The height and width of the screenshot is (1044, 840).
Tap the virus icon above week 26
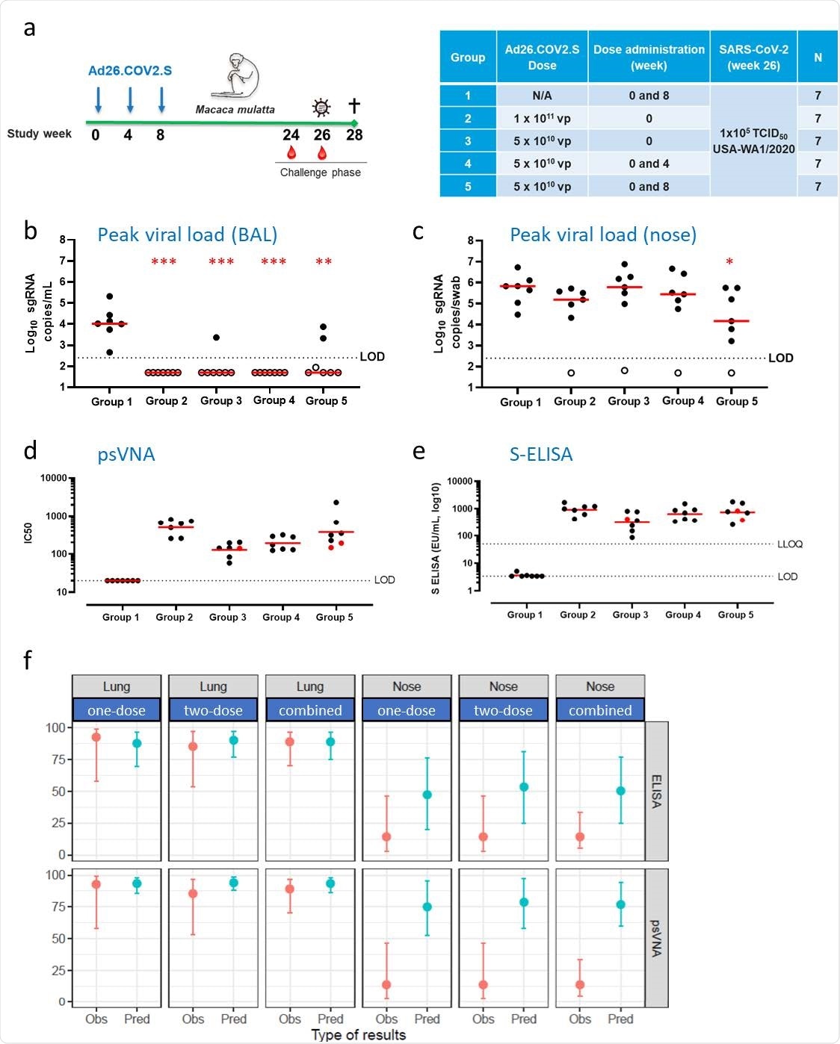(x=321, y=108)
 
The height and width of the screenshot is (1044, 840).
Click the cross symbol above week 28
(x=354, y=106)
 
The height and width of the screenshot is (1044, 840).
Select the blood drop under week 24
(x=291, y=152)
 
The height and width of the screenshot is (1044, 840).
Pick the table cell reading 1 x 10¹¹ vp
(x=542, y=118)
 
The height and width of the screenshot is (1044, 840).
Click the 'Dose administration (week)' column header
(x=649, y=57)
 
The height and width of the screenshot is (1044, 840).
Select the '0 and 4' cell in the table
(x=649, y=164)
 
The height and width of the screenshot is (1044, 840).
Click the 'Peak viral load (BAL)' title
(x=188, y=234)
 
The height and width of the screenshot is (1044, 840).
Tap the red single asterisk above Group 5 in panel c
(x=729, y=262)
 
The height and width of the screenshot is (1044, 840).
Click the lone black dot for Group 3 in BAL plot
(x=216, y=338)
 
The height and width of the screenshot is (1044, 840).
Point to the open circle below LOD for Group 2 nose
(x=571, y=373)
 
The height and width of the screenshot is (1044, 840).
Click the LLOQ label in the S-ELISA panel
(x=789, y=544)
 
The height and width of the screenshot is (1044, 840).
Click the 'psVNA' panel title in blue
(x=126, y=454)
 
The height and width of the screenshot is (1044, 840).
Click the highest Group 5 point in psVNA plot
(x=336, y=503)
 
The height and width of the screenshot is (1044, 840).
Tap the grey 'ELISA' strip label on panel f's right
(x=657, y=792)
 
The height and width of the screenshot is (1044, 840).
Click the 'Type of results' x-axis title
(x=358, y=1035)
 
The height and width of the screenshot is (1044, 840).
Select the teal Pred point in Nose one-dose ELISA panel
(x=427, y=795)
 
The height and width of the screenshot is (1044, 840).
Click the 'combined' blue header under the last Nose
(x=600, y=710)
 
